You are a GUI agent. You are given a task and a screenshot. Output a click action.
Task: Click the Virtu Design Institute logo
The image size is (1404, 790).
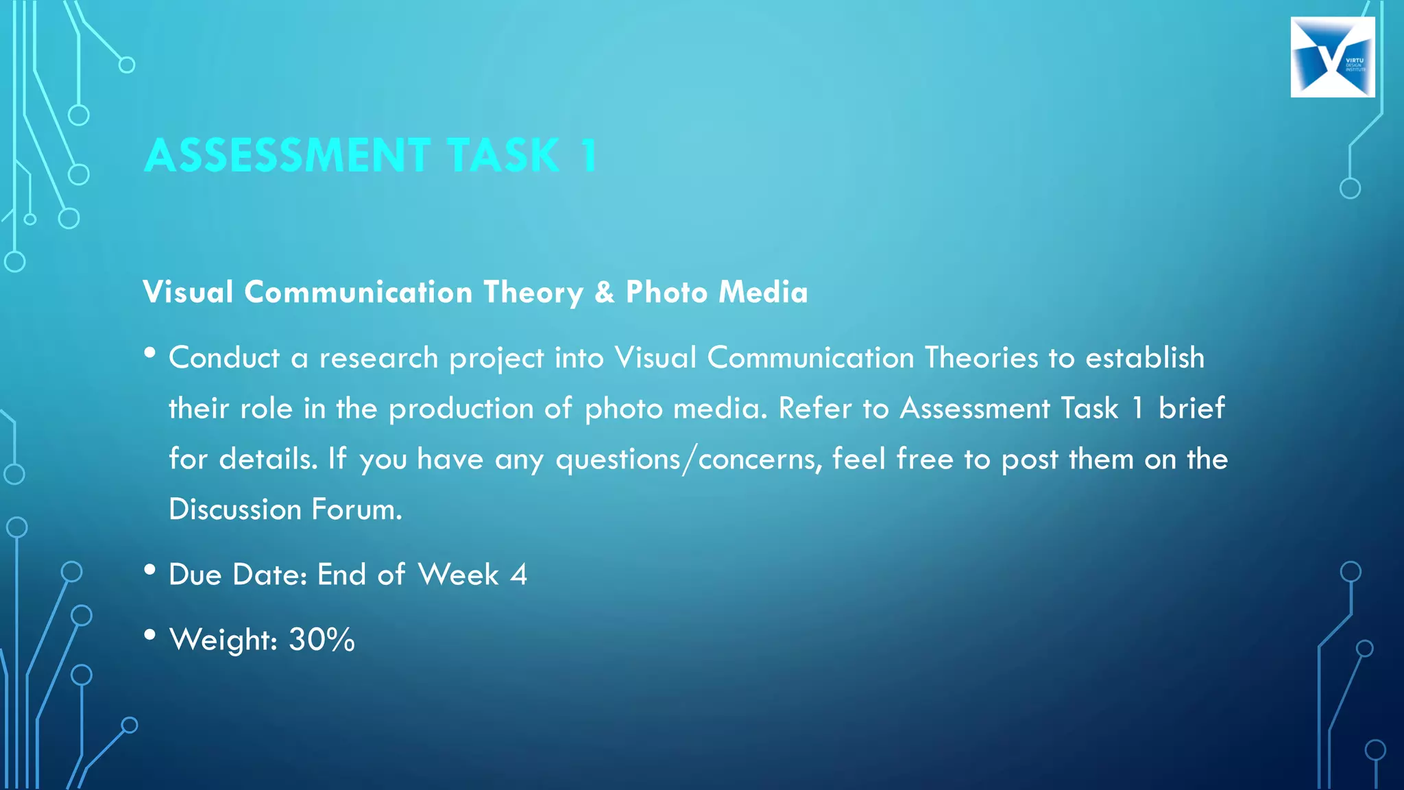pyautogui.click(x=1332, y=57)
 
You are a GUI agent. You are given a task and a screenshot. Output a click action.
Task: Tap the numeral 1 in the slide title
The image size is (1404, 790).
pyautogui.click(x=588, y=155)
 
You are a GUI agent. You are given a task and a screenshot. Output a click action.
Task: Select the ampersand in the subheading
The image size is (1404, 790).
pyautogui.click(x=604, y=292)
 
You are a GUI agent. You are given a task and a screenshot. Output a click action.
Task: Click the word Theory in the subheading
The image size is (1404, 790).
pyautogui.click(x=533, y=293)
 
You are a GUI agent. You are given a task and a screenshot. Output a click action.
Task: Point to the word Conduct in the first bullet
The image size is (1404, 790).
pyautogui.click(x=224, y=358)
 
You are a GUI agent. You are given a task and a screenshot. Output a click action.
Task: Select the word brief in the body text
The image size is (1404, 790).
pyautogui.click(x=1191, y=408)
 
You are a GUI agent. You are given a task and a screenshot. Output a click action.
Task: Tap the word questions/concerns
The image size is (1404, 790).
pyautogui.click(x=688, y=459)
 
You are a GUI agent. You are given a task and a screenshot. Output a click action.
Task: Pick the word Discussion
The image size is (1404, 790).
pyautogui.click(x=235, y=510)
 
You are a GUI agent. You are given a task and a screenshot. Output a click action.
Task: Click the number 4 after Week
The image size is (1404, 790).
pyautogui.click(x=519, y=575)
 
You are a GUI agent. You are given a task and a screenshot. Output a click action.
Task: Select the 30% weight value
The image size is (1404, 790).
pyautogui.click(x=322, y=640)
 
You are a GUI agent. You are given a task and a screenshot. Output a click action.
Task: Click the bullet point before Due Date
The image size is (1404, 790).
pyautogui.click(x=150, y=570)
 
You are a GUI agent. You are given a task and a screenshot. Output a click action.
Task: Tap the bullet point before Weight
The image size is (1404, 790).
pyautogui.click(x=150, y=635)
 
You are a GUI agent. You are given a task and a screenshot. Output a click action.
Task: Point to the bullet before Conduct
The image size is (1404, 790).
pyautogui.click(x=150, y=353)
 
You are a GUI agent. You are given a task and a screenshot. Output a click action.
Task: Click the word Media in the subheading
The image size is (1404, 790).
pyautogui.click(x=763, y=292)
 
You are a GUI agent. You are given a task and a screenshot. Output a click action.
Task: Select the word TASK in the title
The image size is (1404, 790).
pyautogui.click(x=503, y=155)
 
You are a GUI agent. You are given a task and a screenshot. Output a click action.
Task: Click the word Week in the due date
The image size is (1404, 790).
pyautogui.click(x=458, y=575)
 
